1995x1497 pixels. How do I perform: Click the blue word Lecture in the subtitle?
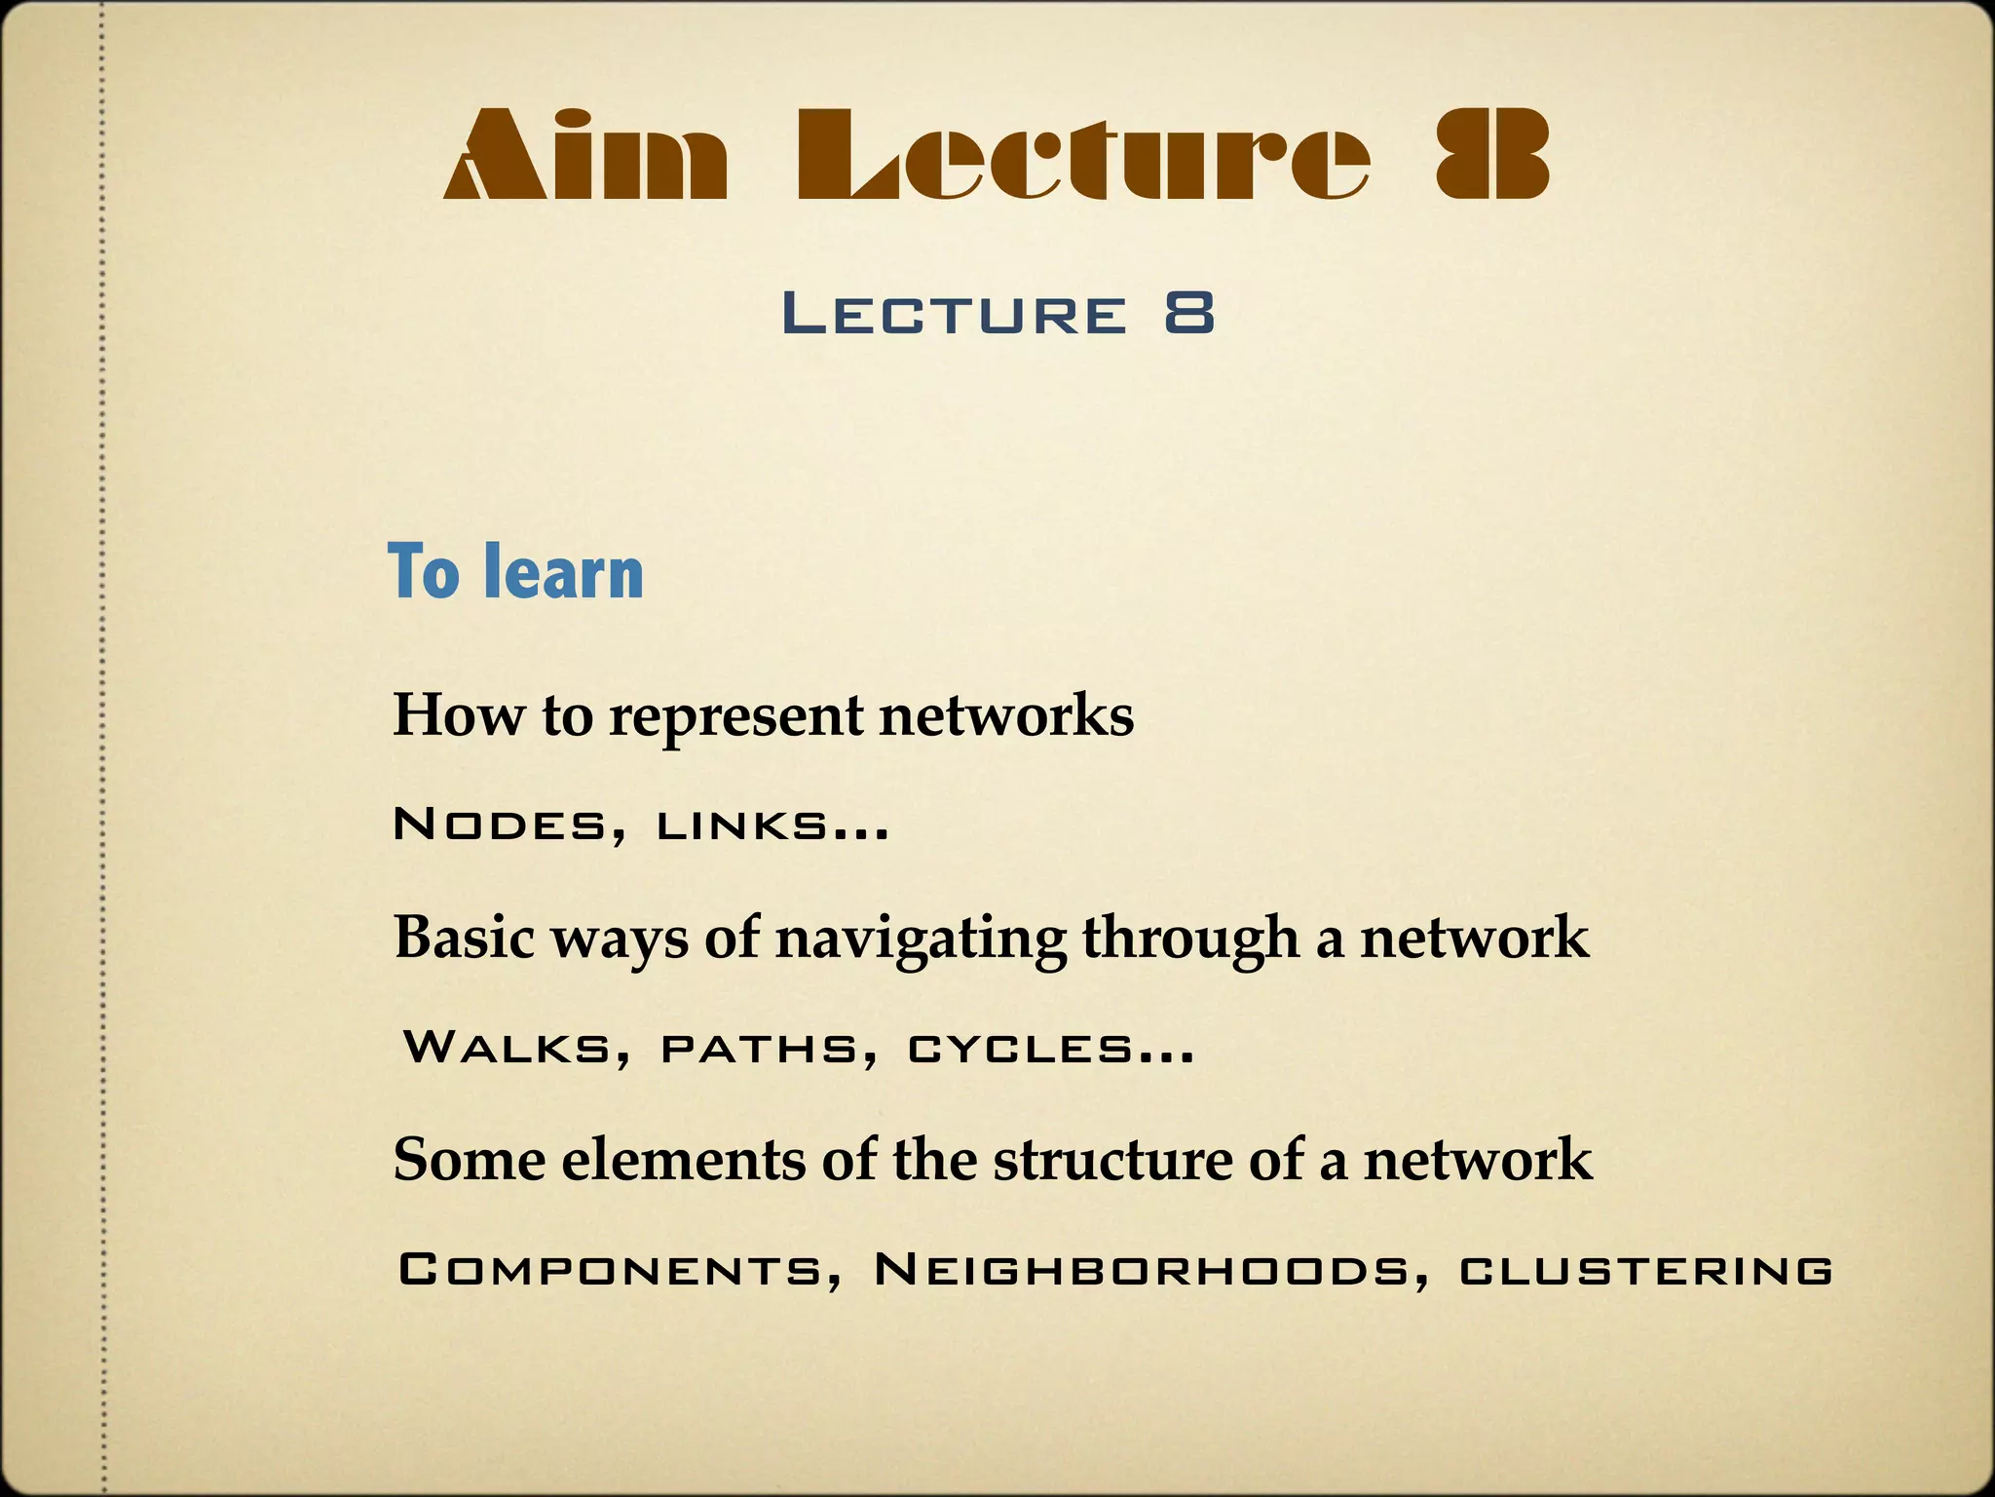954,315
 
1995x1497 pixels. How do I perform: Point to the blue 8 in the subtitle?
1189,314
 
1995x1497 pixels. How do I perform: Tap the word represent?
735,717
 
